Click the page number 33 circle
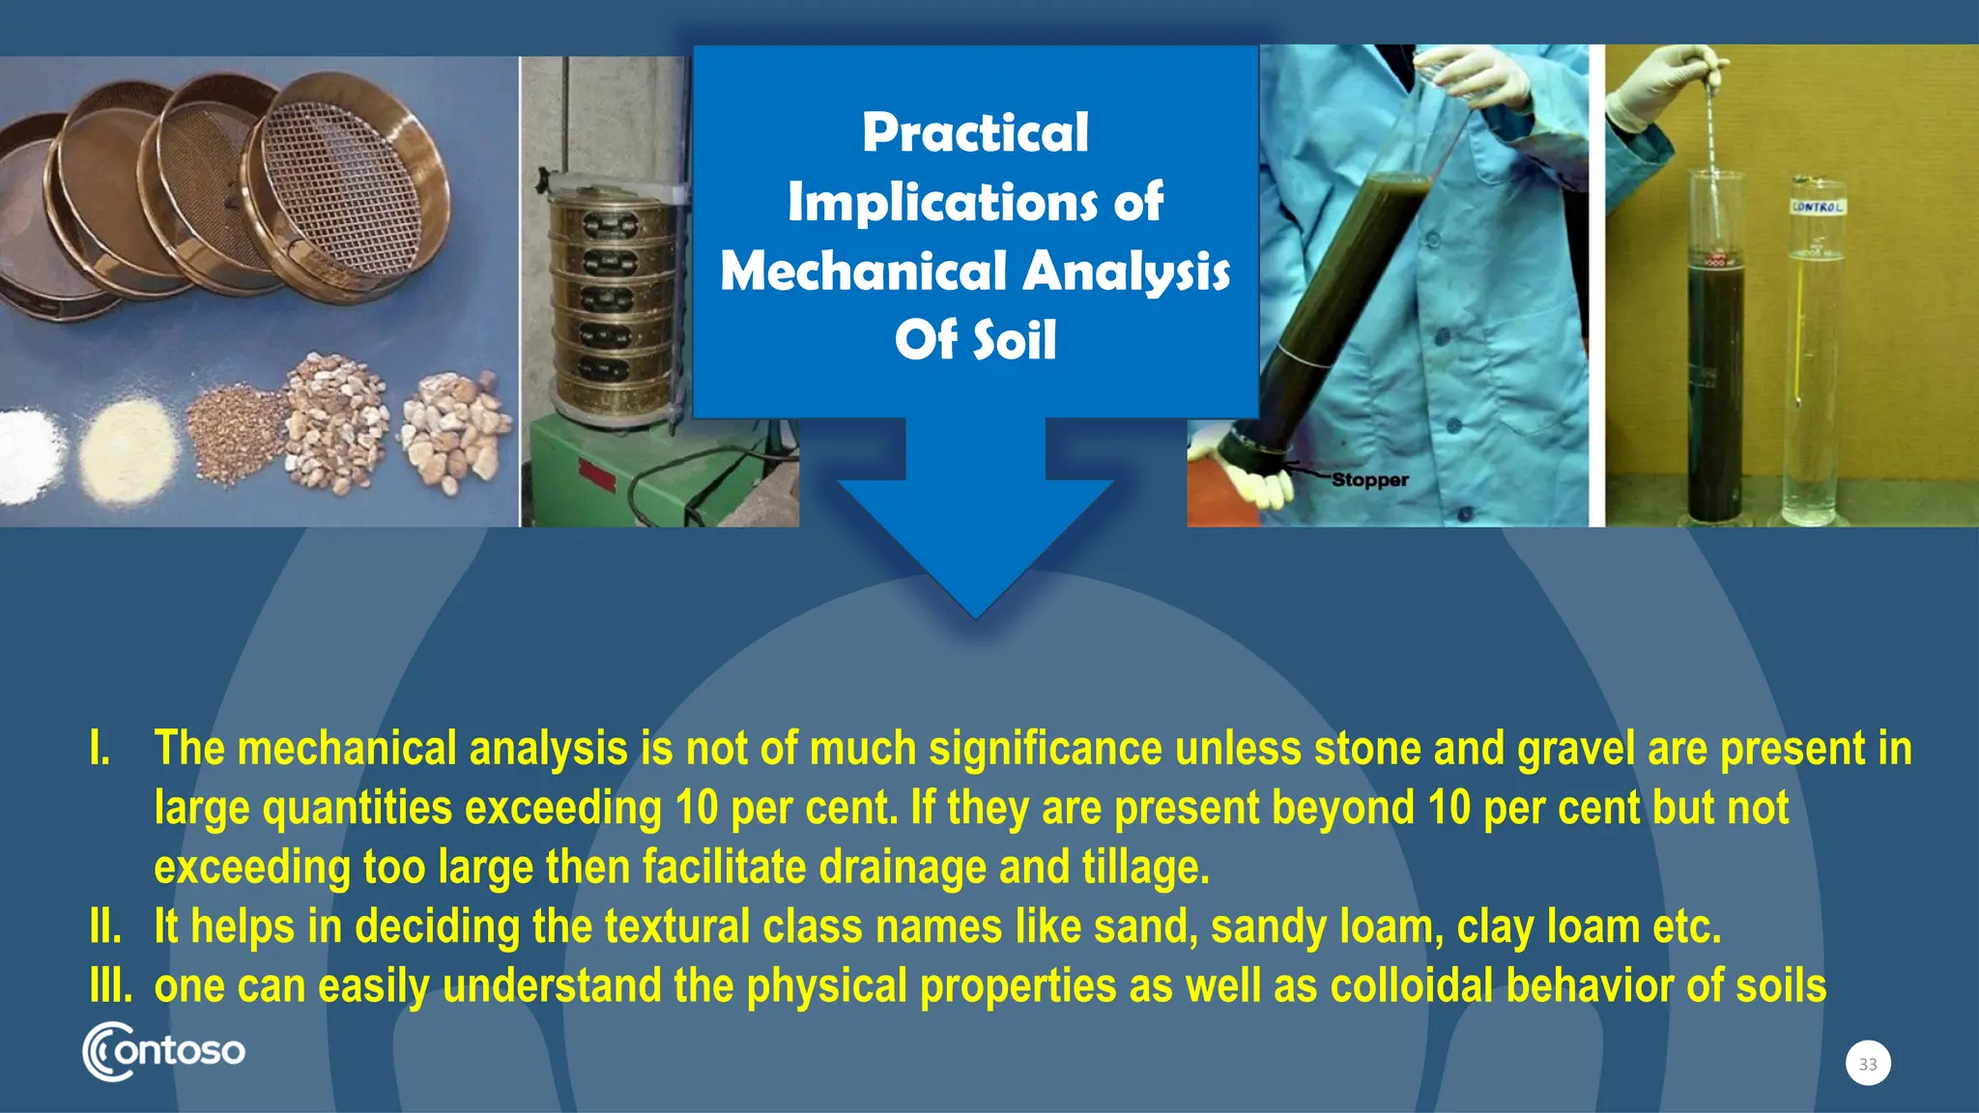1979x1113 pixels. [x=1867, y=1063]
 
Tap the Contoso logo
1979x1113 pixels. [x=163, y=1050]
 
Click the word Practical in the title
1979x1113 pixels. [x=975, y=132]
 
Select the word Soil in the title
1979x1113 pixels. [x=1014, y=340]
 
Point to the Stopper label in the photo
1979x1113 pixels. [x=1369, y=480]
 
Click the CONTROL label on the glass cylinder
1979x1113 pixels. [x=1817, y=207]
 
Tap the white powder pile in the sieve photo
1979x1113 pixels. [x=29, y=454]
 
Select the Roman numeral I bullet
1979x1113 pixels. [x=100, y=749]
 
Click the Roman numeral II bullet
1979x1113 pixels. [x=104, y=927]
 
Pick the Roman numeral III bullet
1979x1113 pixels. [x=110, y=986]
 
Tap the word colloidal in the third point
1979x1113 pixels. [x=1411, y=986]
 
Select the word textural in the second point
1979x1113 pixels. [x=677, y=927]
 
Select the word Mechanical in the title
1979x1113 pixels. [x=865, y=271]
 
